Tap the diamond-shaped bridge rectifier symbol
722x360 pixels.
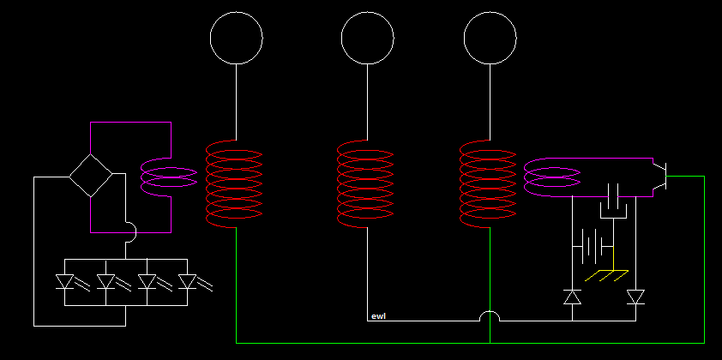pyautogui.click(x=91, y=154)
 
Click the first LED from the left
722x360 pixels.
pyautogui.click(x=64, y=282)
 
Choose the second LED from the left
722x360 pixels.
pyautogui.click(x=106, y=282)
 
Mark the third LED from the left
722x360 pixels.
pyautogui.click(x=147, y=282)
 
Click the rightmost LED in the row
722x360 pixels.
pyautogui.click(x=188, y=282)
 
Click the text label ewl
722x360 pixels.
pyautogui.click(x=378, y=316)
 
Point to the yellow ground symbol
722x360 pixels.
pyautogui.click(x=607, y=275)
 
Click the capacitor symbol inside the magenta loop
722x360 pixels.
pyautogui.click(x=613, y=201)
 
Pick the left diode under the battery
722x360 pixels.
pyautogui.click(x=572, y=297)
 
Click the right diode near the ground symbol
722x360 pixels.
pyautogui.click(x=636, y=297)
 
